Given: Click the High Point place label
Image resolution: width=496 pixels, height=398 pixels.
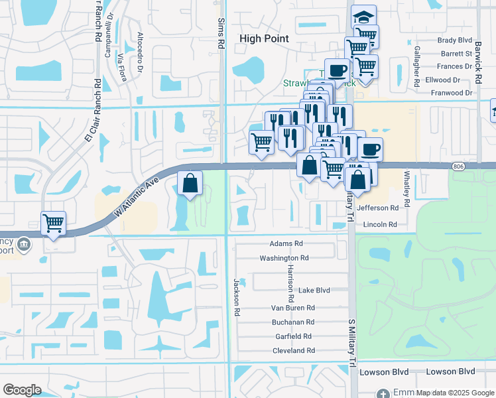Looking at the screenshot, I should point(264,38).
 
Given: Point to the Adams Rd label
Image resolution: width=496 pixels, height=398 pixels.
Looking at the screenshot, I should point(286,243).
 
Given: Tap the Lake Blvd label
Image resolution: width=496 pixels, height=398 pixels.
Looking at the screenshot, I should point(314,291).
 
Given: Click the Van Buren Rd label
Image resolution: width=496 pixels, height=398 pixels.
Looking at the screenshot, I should point(293,308).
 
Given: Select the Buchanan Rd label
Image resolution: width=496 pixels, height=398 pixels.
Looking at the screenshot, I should point(292,322).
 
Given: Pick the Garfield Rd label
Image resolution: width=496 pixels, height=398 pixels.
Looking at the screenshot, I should point(293,336).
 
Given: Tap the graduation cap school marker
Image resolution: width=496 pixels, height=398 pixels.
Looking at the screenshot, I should point(363,16).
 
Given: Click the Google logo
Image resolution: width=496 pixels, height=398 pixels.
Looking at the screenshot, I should point(22,389).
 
